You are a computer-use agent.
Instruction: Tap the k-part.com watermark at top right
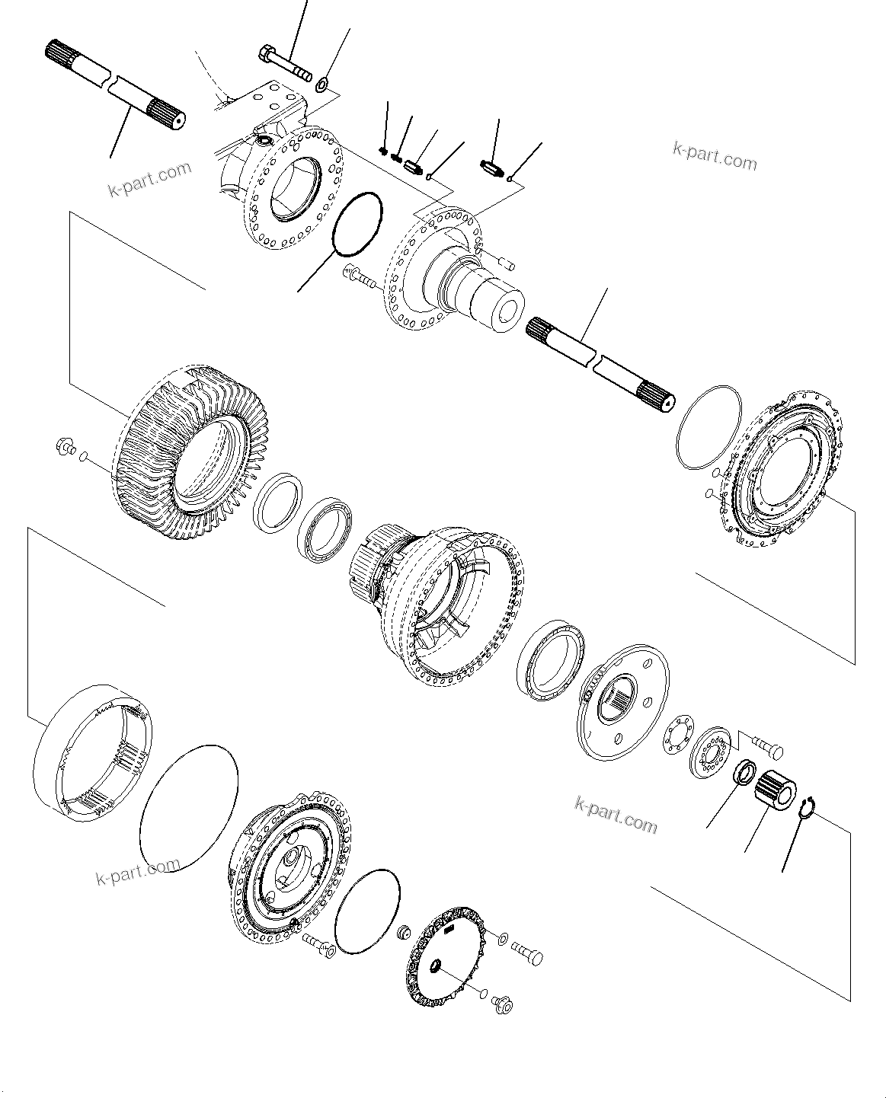[715, 156]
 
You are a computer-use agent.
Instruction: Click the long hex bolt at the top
[285, 63]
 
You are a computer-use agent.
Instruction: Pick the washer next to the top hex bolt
[322, 83]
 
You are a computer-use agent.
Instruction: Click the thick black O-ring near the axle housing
[358, 222]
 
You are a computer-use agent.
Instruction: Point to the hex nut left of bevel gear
[65, 448]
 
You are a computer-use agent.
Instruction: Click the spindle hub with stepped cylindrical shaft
[457, 274]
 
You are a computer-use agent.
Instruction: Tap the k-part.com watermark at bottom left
[138, 872]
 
